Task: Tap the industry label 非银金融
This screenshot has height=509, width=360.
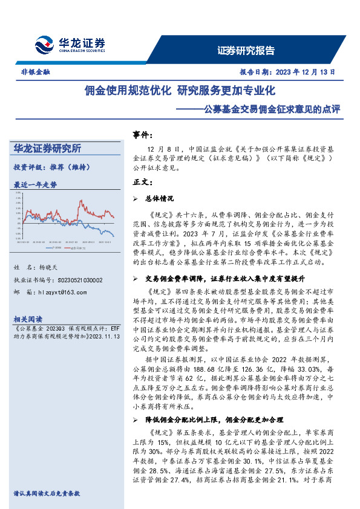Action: coord(31,71)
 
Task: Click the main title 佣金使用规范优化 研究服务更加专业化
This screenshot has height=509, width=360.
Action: coord(180,91)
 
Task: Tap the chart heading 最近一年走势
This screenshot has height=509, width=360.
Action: coord(35,184)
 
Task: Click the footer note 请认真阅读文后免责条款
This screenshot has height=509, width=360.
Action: coord(47,493)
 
